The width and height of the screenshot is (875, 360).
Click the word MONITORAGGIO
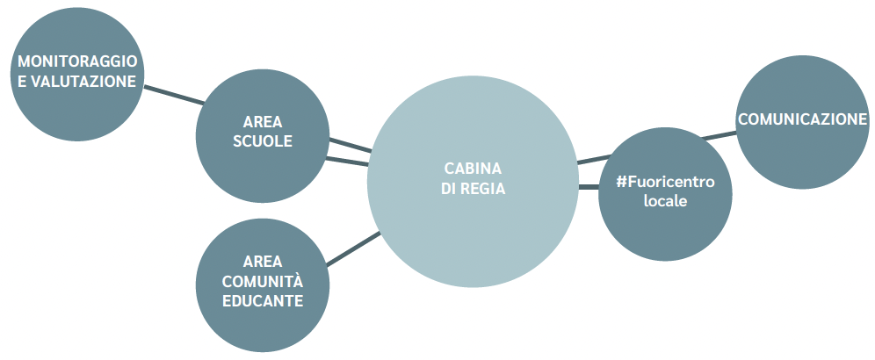[77, 61]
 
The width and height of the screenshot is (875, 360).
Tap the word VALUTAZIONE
[83, 82]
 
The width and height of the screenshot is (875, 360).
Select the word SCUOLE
[263, 141]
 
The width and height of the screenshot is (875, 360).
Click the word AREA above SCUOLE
[263, 121]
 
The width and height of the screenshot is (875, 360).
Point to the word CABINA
[473, 168]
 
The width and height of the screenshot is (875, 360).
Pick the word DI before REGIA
[449, 189]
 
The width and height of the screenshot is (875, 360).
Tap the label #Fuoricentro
[665, 182]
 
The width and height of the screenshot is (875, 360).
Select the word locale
[665, 201]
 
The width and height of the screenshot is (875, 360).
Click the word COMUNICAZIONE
[802, 119]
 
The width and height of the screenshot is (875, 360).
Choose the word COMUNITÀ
[263, 281]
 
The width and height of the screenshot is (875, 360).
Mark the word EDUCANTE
[263, 301]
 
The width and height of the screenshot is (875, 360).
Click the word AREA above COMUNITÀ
[263, 261]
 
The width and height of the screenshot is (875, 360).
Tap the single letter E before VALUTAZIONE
[22, 82]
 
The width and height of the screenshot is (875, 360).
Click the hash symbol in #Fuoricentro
[622, 182]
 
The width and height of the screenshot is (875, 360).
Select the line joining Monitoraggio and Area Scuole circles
[174, 95]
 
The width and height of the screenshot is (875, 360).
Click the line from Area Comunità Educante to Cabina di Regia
[353, 249]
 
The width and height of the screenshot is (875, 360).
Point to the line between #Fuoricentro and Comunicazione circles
[719, 134]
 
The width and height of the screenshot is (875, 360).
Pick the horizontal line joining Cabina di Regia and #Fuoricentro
[589, 187]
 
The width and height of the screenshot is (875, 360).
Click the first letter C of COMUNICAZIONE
[743, 119]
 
